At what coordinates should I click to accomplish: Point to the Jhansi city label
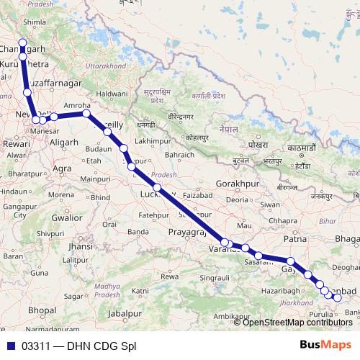click(x=81, y=246)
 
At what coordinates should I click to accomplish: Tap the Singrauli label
click(x=215, y=277)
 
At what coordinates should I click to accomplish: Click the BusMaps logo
click(x=325, y=344)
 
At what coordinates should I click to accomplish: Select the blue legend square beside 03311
click(x=10, y=345)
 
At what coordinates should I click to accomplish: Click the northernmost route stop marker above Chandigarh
click(x=22, y=42)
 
